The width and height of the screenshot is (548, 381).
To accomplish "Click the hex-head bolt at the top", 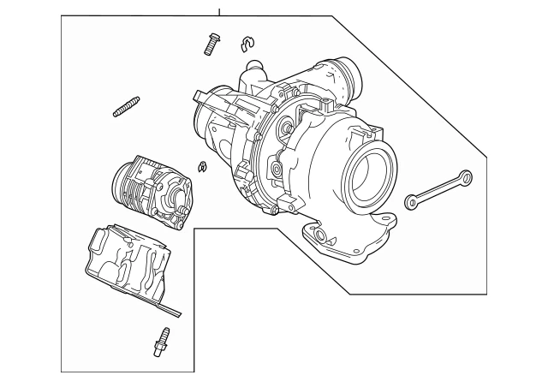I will pos(211,44).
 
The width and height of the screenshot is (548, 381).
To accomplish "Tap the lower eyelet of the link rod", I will pos(412,203).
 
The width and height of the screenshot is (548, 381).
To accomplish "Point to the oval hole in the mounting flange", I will pos(320,236).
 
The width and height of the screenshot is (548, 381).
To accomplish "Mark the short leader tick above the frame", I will pos(219,11).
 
